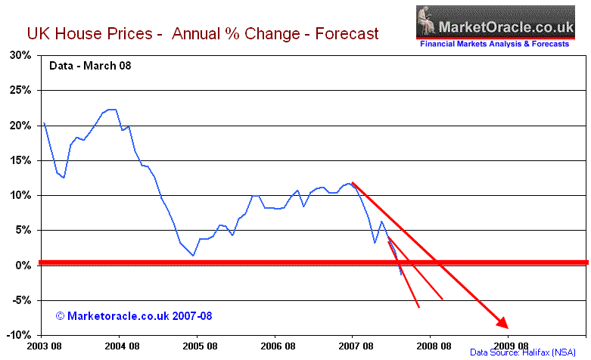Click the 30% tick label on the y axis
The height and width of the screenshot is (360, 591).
tap(20, 55)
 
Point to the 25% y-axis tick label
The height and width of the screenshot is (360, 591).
tap(20, 90)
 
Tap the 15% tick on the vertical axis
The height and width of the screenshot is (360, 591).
tap(20, 160)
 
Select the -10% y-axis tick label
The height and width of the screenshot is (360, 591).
tap(18, 335)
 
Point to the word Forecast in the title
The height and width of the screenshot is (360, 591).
tap(340, 34)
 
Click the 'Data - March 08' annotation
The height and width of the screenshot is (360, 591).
tap(90, 66)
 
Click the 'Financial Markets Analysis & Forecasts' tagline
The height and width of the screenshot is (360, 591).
tap(494, 45)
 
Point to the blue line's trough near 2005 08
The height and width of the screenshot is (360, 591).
tap(193, 256)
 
